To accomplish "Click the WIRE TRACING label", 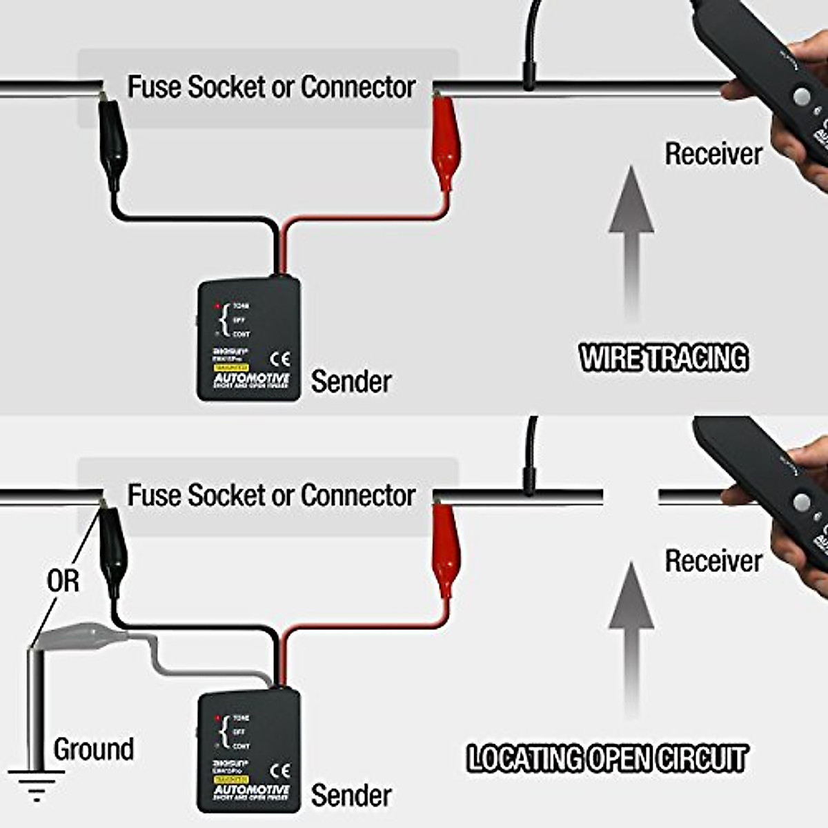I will pos(663,358).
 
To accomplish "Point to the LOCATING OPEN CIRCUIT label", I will pos(607,758).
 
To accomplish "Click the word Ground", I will pos(93,749).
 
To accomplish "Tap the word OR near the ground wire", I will pos(63,581).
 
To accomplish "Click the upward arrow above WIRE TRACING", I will pos(631,241).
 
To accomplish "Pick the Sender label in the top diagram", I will pos(351,382).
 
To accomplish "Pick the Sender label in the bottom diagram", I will pos(351,795).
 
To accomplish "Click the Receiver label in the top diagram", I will pos(713,154).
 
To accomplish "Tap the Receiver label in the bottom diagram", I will pos(713,561).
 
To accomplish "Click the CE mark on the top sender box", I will pos(279,359).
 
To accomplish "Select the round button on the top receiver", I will pos(802,97).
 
